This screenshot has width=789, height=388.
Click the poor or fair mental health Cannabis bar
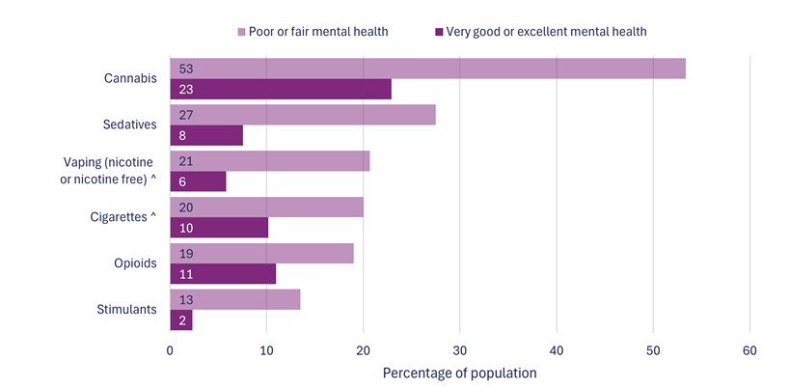[427, 69]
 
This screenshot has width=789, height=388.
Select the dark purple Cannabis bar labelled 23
[281, 90]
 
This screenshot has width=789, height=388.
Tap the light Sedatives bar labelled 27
[303, 115]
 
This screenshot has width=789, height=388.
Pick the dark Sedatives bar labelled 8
[206, 136]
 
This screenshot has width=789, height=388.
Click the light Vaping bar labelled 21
[270, 161]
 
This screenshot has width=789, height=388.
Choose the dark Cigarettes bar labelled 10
[219, 228]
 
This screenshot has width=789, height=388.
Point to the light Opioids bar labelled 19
[261, 253]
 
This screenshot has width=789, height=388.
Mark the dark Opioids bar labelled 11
[223, 274]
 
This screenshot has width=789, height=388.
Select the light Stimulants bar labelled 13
[235, 299]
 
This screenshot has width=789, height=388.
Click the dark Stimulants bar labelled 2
[181, 320]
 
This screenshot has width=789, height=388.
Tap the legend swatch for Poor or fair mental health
[241, 32]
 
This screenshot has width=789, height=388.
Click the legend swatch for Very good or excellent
[438, 32]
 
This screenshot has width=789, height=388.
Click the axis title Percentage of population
[459, 373]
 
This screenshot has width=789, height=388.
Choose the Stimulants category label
[128, 310]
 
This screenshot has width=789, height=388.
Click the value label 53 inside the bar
[187, 69]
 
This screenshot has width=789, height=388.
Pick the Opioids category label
[135, 263]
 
